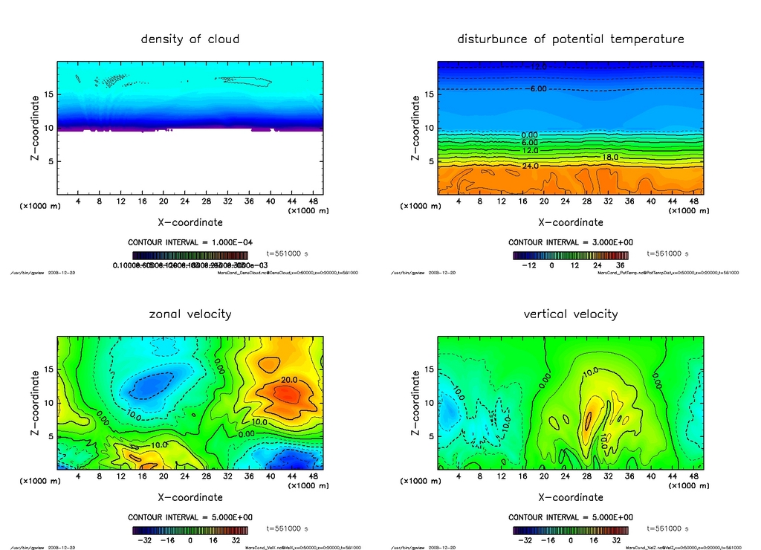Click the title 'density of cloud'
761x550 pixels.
pyautogui.click(x=190, y=39)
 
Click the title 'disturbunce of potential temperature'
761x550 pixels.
pyautogui.click(x=571, y=39)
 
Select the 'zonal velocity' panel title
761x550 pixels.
pyautogui.click(x=190, y=314)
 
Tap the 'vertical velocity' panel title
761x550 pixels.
pyautogui.click(x=571, y=314)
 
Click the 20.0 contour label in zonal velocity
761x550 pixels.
pyautogui.click(x=290, y=381)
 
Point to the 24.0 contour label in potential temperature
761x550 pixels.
pyautogui.click(x=530, y=166)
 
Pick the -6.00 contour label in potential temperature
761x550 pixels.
pyautogui.click(x=537, y=88)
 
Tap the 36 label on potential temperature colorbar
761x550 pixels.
pyautogui.click(x=618, y=265)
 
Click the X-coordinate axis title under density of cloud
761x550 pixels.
pyautogui.click(x=190, y=221)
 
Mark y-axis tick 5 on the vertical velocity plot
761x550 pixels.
pyautogui.click(x=429, y=436)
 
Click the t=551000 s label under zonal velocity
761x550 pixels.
pyautogui.click(x=287, y=528)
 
